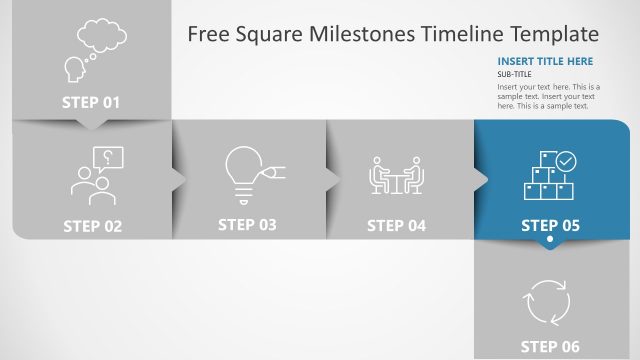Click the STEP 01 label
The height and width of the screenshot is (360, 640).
[91, 102]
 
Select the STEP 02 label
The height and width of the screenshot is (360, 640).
[92, 226]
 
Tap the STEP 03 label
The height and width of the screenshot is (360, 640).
[247, 225]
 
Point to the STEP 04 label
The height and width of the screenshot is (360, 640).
[396, 225]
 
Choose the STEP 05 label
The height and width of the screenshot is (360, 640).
[550, 226]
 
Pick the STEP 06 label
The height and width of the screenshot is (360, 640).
[550, 347]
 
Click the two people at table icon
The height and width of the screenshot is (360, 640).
[397, 176]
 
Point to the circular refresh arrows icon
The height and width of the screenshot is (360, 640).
[547, 301]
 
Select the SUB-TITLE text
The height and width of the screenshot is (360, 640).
[514, 74]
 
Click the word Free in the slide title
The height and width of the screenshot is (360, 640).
[208, 35]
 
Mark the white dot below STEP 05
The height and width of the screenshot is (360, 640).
[549, 243]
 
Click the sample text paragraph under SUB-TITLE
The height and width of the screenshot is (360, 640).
[548, 96]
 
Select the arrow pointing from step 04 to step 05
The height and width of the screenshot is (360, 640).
[481, 179]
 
